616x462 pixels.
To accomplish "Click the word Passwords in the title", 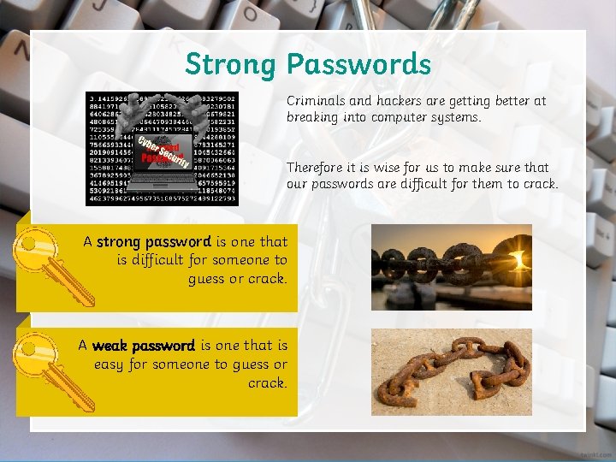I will (x=358, y=64).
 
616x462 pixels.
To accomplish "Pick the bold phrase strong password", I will (x=153, y=242).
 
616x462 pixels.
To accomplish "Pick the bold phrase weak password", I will (x=143, y=346).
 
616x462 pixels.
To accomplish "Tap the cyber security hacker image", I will (x=162, y=147).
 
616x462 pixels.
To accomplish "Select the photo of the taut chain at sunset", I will (x=451, y=266).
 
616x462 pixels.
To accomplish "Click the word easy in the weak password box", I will (x=109, y=364).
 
